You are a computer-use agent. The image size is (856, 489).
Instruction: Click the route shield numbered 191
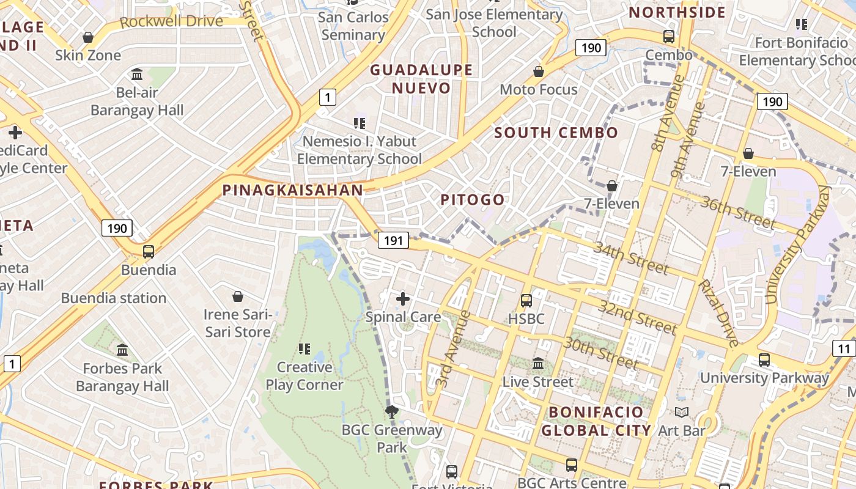pos(393,240)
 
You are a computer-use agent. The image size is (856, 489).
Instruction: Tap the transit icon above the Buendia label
pos(148,251)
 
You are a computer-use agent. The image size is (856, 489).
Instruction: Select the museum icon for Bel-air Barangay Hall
pos(137,75)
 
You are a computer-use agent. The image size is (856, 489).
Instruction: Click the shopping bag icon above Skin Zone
pos(88,37)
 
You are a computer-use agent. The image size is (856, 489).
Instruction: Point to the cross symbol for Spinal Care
pos(402,299)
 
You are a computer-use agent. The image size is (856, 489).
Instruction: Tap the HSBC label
pos(526,318)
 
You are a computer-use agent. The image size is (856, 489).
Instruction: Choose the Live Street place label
pos(538,382)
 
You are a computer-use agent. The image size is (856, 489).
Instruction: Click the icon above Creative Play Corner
pos(304,349)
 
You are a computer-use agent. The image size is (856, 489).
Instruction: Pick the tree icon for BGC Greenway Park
pos(392,412)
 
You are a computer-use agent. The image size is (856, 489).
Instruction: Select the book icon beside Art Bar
pos(682,413)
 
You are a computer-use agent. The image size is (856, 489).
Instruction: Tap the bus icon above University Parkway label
pos(764,359)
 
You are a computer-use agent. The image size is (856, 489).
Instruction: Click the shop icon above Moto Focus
pos(539,72)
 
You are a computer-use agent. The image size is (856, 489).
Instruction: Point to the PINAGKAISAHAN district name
pos(293,190)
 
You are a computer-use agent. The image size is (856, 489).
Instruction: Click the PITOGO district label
pos(473,200)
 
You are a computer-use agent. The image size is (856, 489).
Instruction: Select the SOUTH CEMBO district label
pos(556,133)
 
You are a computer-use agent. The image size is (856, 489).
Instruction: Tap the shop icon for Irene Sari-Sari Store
pos(238,296)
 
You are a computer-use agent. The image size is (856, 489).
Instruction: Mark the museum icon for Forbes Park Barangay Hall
pos(122,350)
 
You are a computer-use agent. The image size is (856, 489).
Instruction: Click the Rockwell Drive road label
pos(171,21)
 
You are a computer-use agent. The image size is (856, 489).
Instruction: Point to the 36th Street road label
pos(738,212)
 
